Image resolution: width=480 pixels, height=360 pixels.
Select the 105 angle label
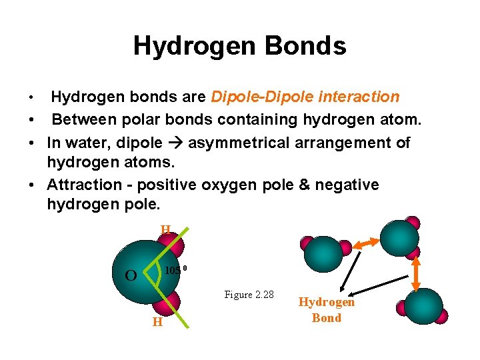point(173,270)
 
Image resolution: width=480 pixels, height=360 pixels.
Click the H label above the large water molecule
point(165,230)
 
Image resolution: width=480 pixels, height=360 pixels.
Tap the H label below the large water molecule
point(157,322)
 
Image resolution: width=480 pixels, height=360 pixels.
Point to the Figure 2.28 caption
point(249,295)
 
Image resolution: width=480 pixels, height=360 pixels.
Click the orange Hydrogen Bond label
point(327,310)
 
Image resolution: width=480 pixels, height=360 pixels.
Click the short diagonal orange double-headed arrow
point(366,245)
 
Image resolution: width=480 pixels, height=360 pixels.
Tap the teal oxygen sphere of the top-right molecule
point(400,237)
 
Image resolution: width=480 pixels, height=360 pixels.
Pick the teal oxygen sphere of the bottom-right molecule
point(424,306)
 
